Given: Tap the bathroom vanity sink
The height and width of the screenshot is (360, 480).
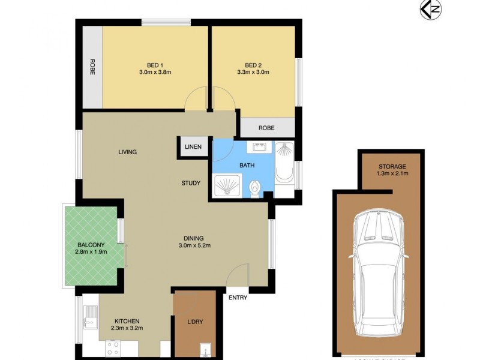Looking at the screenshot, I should point(260,147).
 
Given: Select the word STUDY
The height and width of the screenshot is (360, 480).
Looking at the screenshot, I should point(191,183).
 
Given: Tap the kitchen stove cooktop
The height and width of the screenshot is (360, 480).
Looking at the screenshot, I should point(113,348).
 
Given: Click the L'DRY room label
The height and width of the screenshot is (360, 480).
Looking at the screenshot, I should point(195,322).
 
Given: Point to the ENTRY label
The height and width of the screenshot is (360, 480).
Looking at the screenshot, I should point(238,298).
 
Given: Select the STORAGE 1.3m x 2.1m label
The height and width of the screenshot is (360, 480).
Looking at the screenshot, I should point(392,170).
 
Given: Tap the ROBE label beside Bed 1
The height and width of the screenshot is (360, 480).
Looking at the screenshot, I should point(93,66).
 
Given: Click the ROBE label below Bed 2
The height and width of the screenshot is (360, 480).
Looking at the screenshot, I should point(267,128).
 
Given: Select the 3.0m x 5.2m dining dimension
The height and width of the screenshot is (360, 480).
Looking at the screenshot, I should point(194,245).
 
